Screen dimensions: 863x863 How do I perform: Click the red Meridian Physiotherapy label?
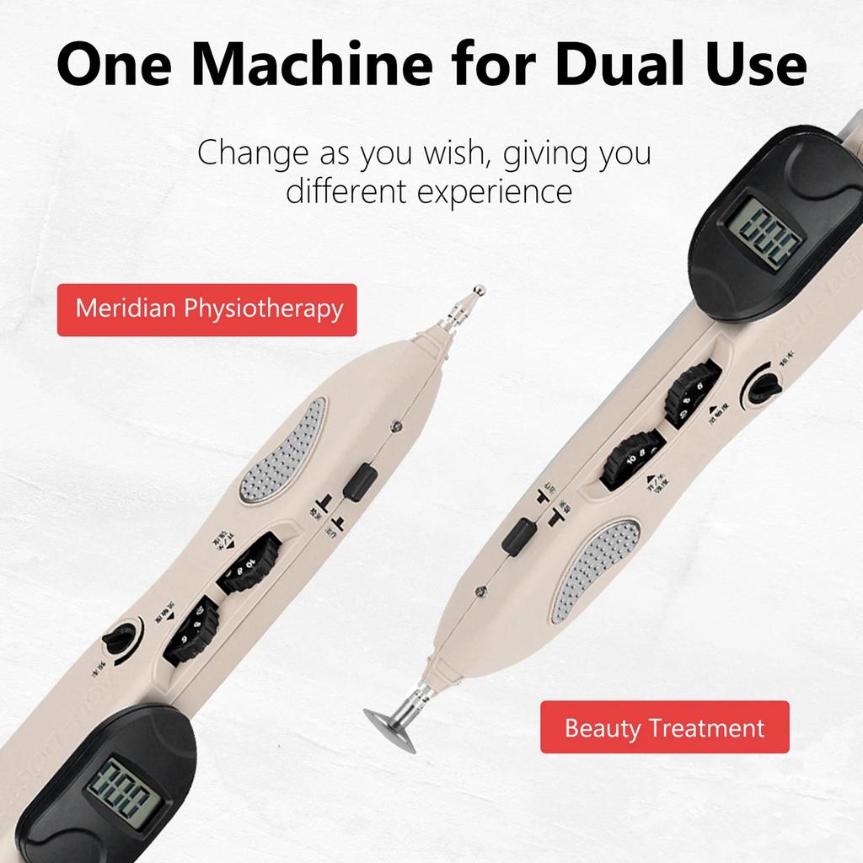pos(207,309)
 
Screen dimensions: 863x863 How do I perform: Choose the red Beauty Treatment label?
pos(664,727)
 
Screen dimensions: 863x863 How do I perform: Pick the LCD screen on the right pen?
pos(762,229)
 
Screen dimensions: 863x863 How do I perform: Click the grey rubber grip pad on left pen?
pos(283,451)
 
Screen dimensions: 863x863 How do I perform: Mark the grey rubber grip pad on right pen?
pos(595,570)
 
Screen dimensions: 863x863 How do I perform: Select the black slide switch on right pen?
pos(519,535)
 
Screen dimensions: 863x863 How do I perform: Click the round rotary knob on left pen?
pos(119,638)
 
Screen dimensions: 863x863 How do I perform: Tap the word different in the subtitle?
pos(345,190)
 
